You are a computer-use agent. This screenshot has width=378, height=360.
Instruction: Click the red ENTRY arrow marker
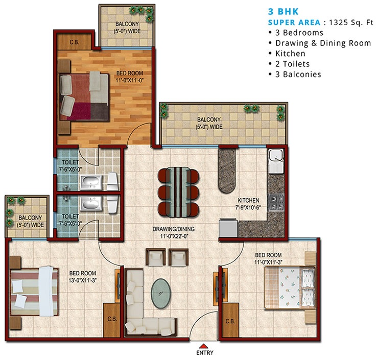203,344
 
